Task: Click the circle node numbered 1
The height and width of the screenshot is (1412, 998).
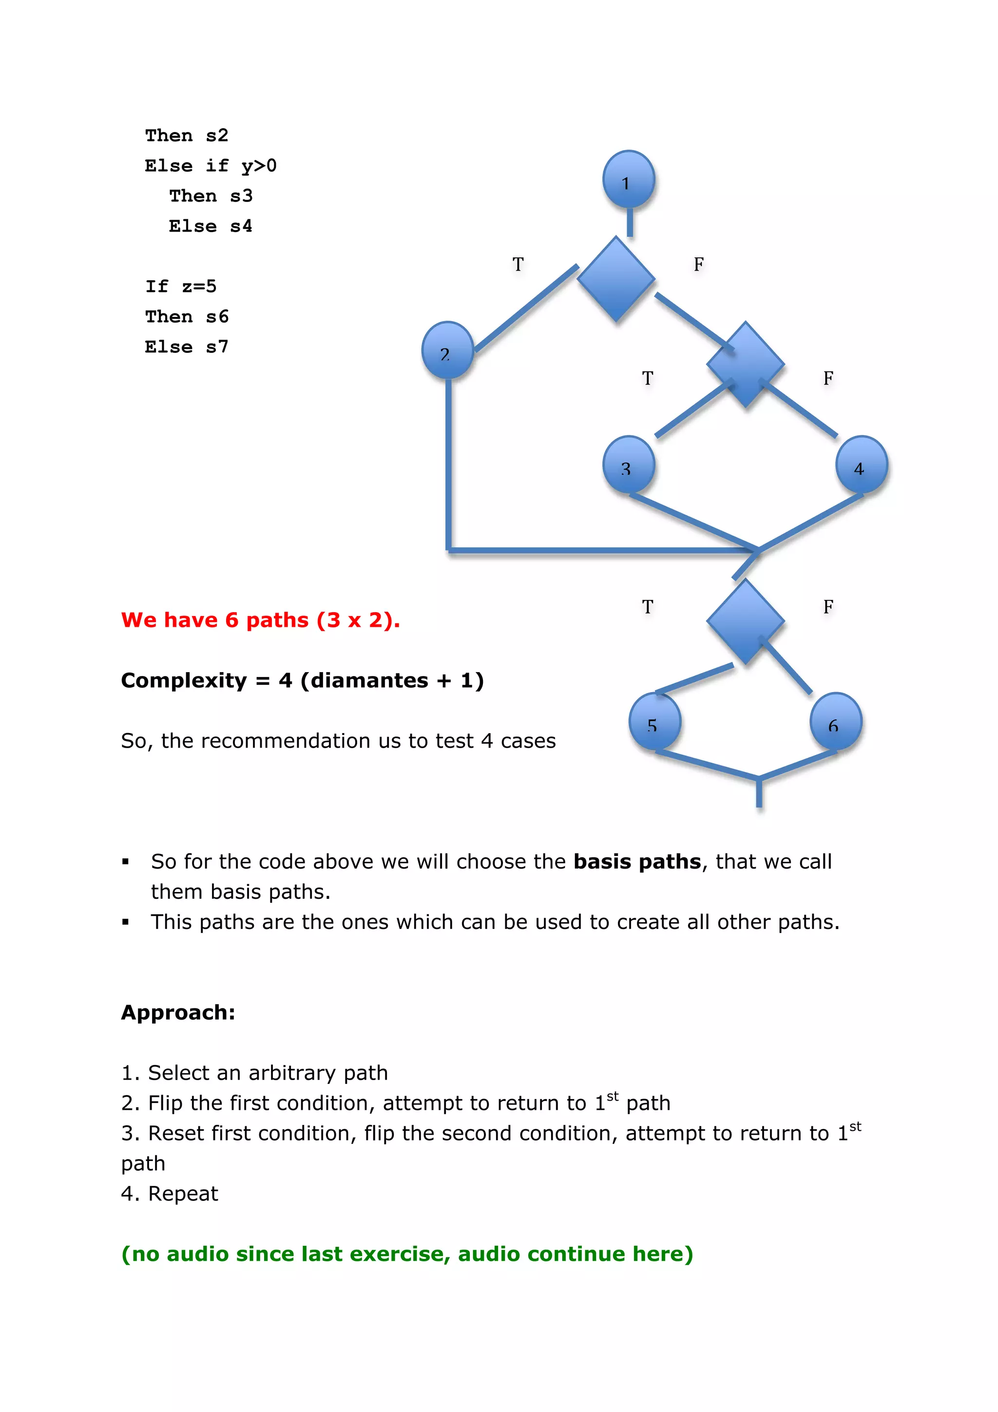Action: coord(628,179)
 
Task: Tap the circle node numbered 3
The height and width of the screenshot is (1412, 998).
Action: coord(628,465)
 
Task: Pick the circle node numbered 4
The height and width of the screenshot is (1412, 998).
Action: coord(861,465)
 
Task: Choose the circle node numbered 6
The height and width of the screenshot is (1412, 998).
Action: coord(835,721)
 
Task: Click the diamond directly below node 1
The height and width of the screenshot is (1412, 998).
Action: coord(616,279)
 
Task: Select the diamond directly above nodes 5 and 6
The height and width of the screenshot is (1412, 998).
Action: coord(745,621)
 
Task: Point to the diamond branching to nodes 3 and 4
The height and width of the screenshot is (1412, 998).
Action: coord(745,364)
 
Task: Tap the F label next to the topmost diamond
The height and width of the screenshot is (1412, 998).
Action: coord(698,265)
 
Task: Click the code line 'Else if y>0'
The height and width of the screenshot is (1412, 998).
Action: coord(211,165)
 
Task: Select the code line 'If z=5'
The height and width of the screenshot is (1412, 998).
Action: coord(181,286)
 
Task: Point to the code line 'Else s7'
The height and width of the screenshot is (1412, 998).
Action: coord(186,347)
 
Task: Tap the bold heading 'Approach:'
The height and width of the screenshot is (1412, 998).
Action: coord(178,1012)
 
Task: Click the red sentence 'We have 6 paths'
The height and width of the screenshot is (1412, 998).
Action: coord(260,620)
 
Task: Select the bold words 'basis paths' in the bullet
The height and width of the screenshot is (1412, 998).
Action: coord(637,862)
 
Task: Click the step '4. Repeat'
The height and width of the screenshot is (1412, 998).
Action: coord(170,1194)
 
